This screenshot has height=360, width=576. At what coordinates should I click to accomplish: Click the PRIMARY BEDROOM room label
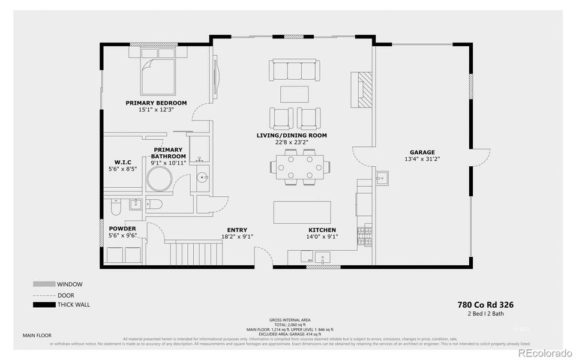point(156,103)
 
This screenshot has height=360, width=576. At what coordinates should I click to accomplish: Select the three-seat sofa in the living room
point(294,70)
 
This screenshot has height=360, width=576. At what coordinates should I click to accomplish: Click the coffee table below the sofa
point(294,94)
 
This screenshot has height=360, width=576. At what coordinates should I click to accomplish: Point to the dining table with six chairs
point(300,166)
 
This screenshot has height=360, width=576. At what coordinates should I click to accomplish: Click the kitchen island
point(302,212)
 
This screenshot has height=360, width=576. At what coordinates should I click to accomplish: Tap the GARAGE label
point(422,152)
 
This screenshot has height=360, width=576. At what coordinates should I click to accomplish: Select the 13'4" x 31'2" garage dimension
point(422,160)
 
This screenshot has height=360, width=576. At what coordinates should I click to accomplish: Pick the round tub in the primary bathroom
point(160,179)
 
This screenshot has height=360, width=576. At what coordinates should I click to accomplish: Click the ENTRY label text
point(236,230)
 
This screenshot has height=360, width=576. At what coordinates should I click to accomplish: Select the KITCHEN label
point(322,230)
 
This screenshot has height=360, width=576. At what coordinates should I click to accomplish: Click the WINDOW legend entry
point(70,284)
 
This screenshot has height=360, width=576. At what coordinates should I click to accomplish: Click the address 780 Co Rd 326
point(485,305)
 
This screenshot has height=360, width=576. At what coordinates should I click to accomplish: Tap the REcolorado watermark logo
point(545,352)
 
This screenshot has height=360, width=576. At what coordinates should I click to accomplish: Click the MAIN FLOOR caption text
point(37,335)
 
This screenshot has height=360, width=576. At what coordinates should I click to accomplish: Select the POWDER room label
point(122,229)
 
